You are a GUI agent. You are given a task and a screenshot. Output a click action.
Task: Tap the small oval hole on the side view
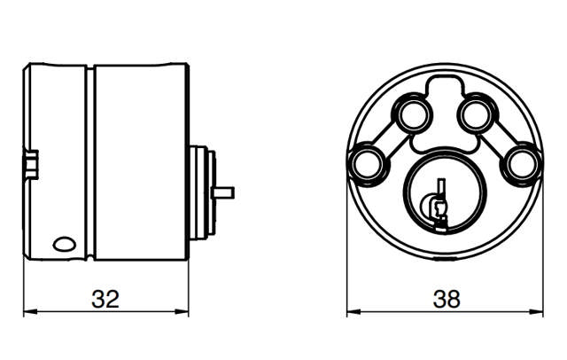pos(65,241)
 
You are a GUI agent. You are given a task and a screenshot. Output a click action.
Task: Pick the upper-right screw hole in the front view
pos(475,113)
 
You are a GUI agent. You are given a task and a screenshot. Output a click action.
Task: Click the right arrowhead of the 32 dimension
pos(184,312)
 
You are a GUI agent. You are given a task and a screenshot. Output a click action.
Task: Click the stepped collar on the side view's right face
pos(201,192)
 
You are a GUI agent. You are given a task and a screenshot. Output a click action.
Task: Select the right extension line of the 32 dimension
pos(190,284)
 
